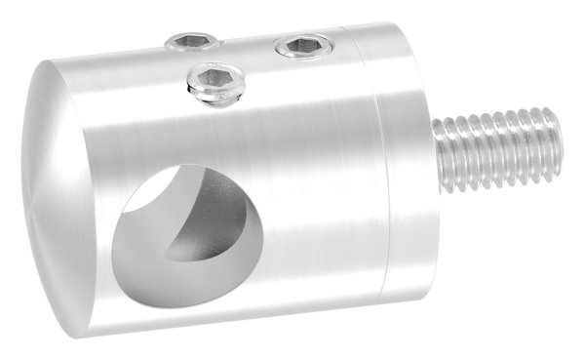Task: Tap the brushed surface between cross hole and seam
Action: (x=312, y=195)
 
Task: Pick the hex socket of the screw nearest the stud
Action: (x=304, y=44)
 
